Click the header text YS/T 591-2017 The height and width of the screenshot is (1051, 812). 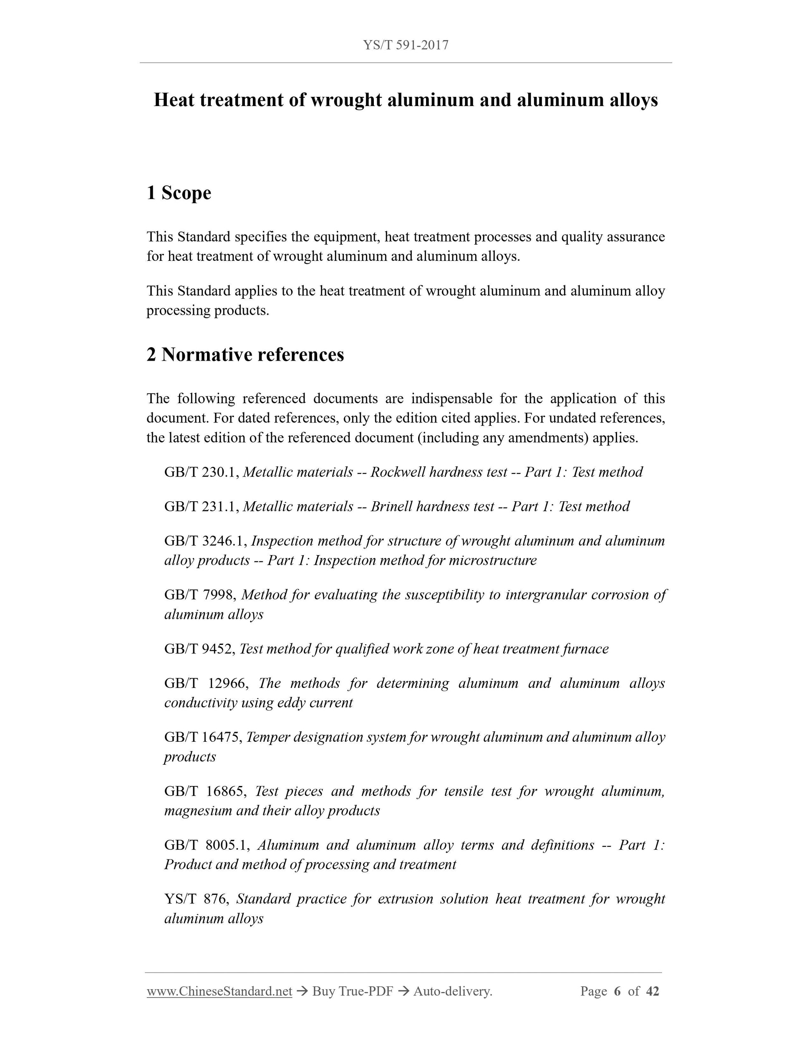coord(406,45)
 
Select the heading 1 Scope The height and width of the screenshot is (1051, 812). coord(179,193)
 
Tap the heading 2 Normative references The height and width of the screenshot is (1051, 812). coord(245,355)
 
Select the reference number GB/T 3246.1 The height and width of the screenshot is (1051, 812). coord(205,541)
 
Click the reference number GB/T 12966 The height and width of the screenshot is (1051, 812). coord(206,684)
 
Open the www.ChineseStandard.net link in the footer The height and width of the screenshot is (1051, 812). coord(219,991)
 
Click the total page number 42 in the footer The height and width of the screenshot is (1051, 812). coord(652,991)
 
